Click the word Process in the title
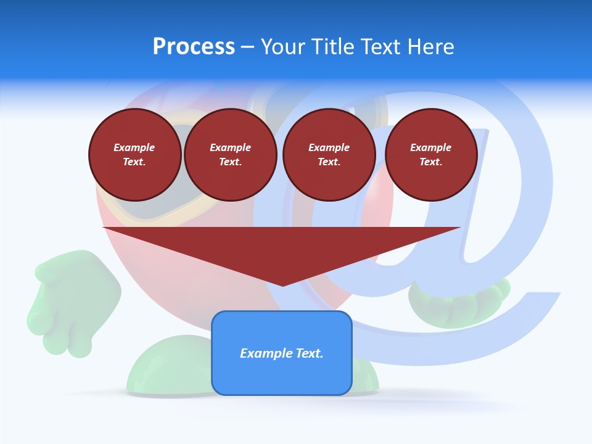tap(194, 47)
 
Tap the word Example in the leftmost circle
tap(134, 147)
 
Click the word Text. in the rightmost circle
tap(431, 162)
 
